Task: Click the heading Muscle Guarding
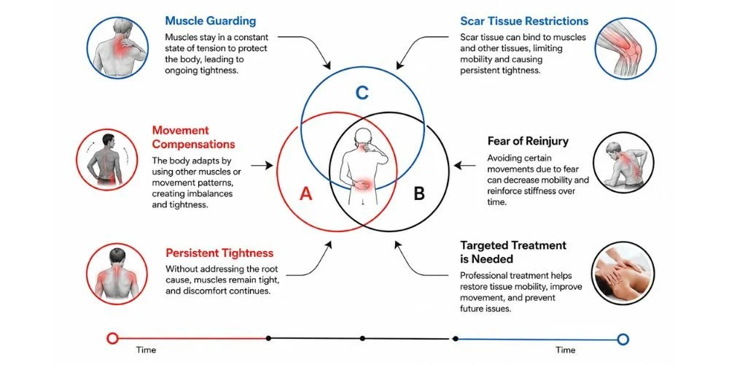pos(210,21)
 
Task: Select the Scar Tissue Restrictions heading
pos(524,21)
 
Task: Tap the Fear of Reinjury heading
pos(528,141)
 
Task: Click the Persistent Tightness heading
pos(219,253)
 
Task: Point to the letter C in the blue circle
pos(362,93)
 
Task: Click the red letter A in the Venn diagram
pos(305,193)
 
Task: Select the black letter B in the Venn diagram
pos(419,193)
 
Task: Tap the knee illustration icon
pos(625,48)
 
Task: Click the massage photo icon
pos(623,273)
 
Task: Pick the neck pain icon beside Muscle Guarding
pos(117,48)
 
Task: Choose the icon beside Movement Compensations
pos(106,160)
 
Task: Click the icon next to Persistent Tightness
pos(117,274)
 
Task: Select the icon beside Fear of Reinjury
pos(623,163)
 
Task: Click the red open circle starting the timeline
pos(112,339)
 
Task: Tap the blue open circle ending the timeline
pos(623,339)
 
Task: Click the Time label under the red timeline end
pos(146,350)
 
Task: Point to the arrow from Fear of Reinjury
pos(464,165)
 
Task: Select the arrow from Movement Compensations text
pos(262,165)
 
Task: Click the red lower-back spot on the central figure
pos(362,183)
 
